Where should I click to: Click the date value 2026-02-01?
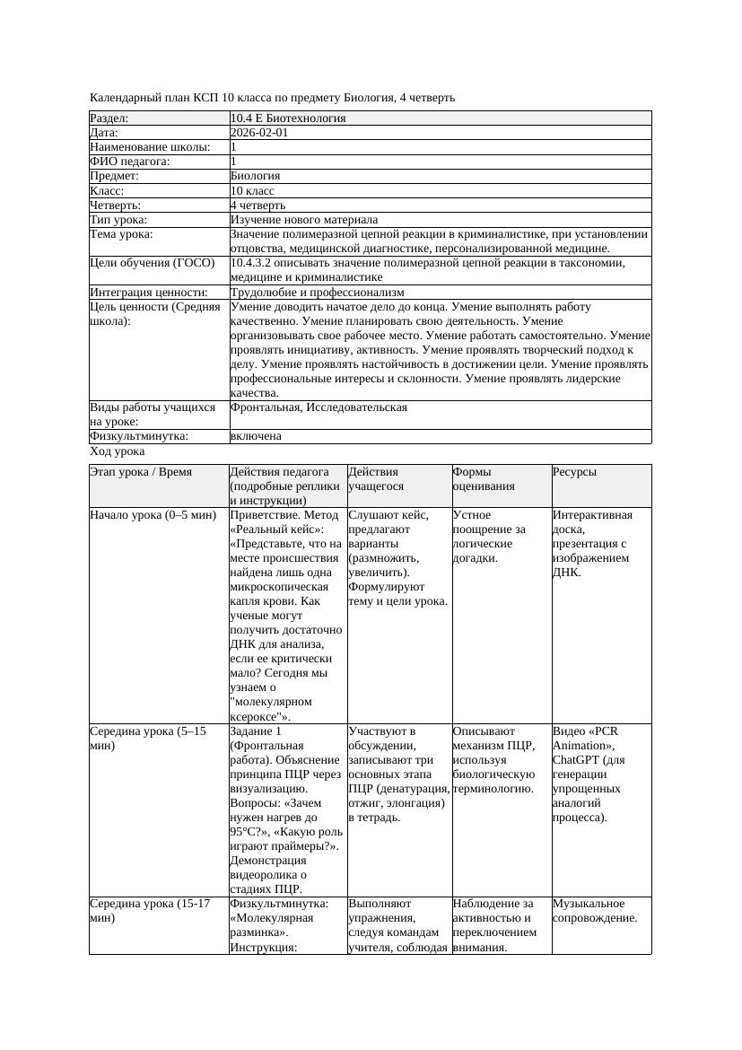[259, 132]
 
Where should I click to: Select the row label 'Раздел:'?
[109, 118]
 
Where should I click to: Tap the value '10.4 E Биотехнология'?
[287, 118]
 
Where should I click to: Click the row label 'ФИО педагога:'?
[130, 162]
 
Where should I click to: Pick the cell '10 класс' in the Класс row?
[252, 190]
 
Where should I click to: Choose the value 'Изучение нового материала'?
[303, 219]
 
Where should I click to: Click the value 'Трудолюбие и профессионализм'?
[317, 292]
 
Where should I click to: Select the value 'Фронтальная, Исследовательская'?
[319, 407]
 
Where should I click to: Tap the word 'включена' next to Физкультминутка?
[256, 436]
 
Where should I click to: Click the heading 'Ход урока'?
[118, 452]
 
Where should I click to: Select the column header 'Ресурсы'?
[574, 471]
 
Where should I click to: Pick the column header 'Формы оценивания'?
[484, 478]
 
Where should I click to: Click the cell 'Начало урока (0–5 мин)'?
[153, 515]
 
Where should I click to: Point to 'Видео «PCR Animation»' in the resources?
[585, 738]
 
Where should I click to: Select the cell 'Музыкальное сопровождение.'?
[595, 910]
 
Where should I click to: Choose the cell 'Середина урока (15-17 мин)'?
[149, 910]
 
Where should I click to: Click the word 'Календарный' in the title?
[123, 97]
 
